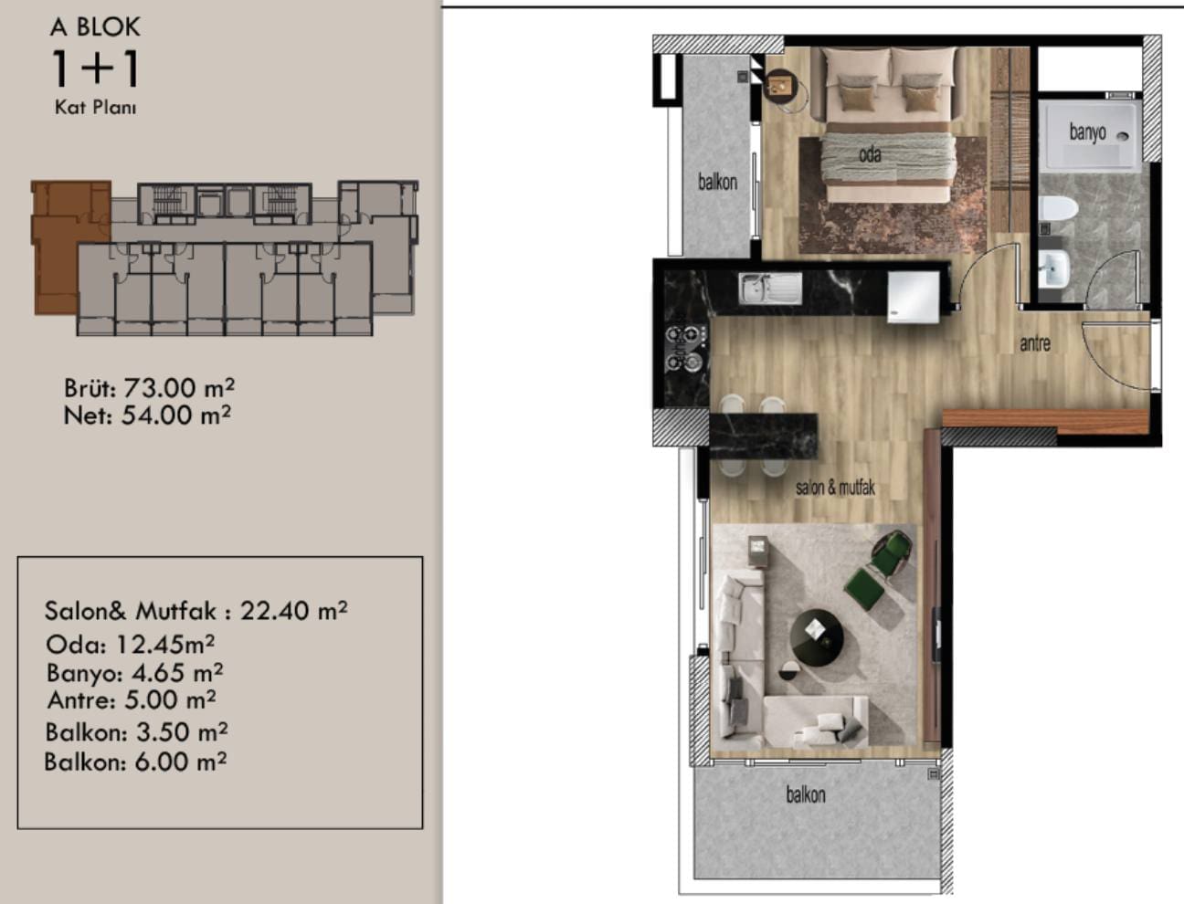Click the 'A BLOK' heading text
[x=95, y=27]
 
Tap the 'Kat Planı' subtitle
[x=96, y=107]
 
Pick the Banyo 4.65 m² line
[x=134, y=672]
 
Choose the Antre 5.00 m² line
[x=132, y=699]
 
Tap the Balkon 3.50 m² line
[x=136, y=731]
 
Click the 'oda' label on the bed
[x=870, y=154]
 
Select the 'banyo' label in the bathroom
[x=1087, y=132]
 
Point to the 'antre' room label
[x=1035, y=343]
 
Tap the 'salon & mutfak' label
[x=835, y=488]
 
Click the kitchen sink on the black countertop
[x=770, y=289]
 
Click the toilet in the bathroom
[x=1058, y=208]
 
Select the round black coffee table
[x=817, y=637]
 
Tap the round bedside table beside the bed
[x=785, y=90]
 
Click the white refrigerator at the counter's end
[x=914, y=297]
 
